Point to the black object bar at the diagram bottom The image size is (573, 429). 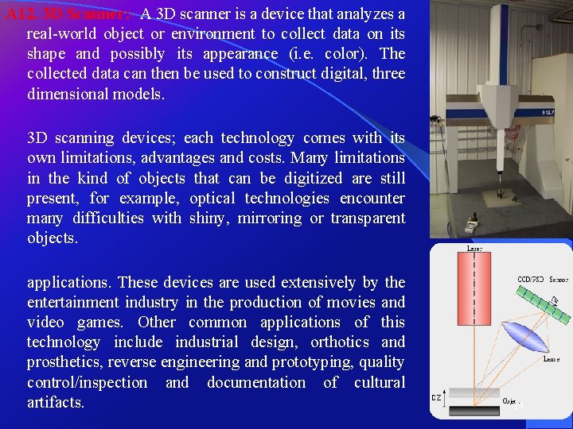[475, 410]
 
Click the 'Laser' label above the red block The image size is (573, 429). [474, 249]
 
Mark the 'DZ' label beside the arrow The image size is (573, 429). [436, 396]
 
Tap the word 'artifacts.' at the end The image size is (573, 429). [56, 402]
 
